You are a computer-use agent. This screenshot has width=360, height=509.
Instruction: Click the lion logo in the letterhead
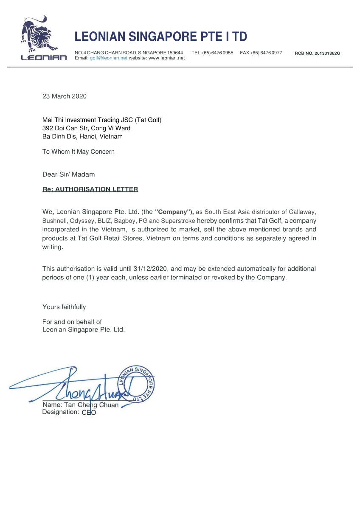pyautogui.click(x=38, y=35)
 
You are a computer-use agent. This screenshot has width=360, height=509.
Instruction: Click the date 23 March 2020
pyautogui.click(x=65, y=96)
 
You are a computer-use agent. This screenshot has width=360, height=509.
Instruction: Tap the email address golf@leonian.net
pyautogui.click(x=108, y=58)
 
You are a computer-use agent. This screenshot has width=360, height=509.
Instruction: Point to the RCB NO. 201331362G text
pyautogui.click(x=318, y=53)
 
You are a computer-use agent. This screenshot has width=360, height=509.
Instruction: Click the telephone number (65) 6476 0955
pyautogui.click(x=218, y=53)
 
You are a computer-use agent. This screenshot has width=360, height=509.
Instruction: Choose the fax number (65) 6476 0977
pyautogui.click(x=267, y=53)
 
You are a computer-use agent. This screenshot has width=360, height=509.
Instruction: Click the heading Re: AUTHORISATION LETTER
pyautogui.click(x=90, y=189)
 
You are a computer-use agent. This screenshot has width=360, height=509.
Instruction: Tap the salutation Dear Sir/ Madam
pyautogui.click(x=69, y=174)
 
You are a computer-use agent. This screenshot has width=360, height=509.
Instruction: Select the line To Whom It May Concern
pyautogui.click(x=79, y=152)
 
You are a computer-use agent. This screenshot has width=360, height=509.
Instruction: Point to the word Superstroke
pyautogui.click(x=178, y=221)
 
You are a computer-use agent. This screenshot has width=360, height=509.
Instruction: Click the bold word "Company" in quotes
pyautogui.click(x=174, y=212)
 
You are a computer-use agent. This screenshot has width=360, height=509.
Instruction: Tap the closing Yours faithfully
pyautogui.click(x=64, y=307)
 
